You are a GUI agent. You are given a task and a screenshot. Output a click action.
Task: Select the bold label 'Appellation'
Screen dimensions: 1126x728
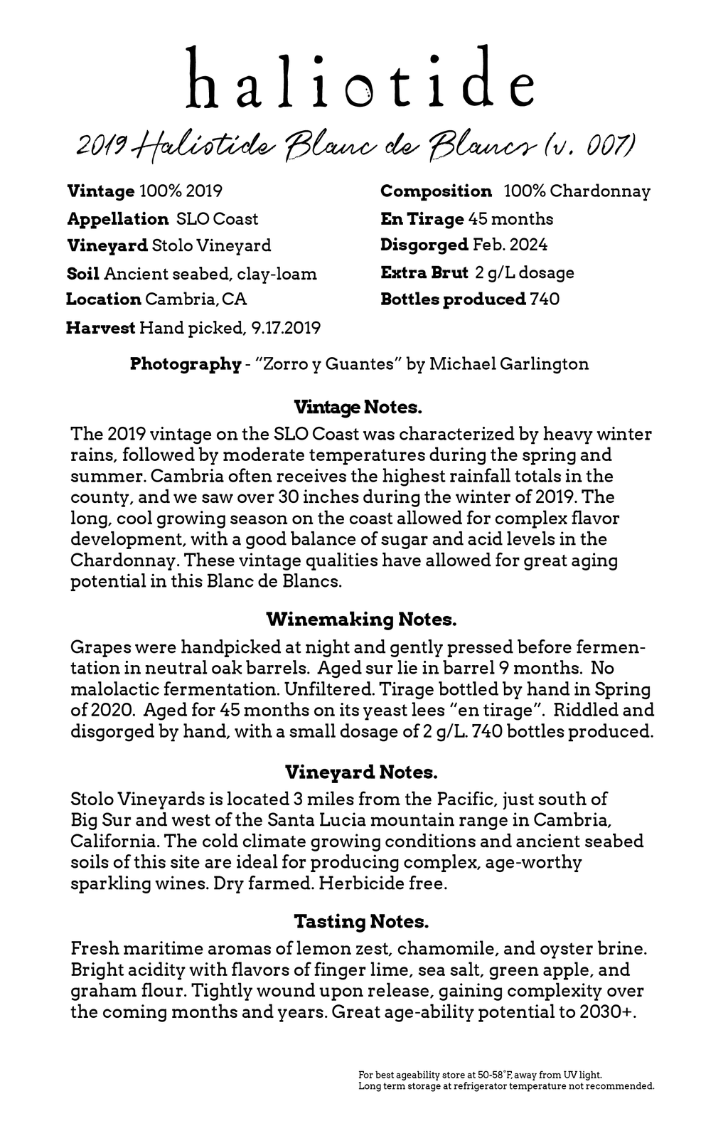coord(117,219)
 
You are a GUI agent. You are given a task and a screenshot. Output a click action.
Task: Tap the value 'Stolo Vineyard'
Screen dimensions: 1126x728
coord(211,246)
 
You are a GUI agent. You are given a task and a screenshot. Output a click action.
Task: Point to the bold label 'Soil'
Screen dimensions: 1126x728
coord(82,274)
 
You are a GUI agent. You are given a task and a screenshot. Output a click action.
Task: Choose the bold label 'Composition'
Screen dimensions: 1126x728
coord(436,191)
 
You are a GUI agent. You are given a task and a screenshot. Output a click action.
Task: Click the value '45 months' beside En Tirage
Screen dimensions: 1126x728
coord(510,219)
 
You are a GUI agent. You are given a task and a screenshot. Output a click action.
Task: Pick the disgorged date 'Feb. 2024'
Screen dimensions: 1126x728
coord(510,245)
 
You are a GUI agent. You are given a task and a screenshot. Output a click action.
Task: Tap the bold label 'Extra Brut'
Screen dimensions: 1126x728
coord(424,273)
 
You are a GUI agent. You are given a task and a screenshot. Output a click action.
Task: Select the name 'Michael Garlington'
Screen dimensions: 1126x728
coord(509,364)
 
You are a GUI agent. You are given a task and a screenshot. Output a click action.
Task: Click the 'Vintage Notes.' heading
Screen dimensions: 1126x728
coord(358,408)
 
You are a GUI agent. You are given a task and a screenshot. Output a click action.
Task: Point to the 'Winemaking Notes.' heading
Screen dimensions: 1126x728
coord(361,620)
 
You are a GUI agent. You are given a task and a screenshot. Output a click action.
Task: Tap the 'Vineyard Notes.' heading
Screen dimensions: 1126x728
coord(361,772)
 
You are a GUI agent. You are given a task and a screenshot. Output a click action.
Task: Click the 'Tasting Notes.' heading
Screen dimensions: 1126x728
coord(361,922)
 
